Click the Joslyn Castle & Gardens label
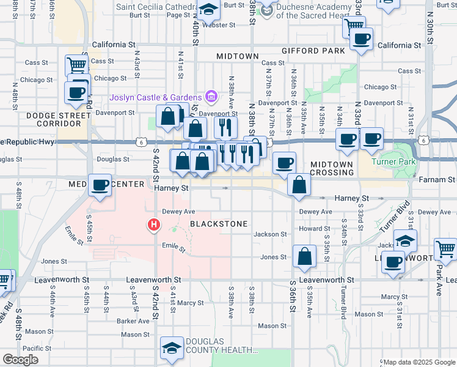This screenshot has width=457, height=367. pos(155,97)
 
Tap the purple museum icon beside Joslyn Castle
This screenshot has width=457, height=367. pos(211,96)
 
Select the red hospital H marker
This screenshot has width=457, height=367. pos(154,226)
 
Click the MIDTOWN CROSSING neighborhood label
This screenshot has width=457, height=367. pos(332,169)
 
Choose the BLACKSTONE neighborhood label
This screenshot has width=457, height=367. pos(219,224)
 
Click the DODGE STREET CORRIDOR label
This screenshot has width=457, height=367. pos(54,119)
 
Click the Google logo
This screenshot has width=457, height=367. pos(21,360)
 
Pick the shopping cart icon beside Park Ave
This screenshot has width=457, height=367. pos(446,249)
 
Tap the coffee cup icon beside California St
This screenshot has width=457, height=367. pos(361,39)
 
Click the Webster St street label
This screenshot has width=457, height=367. pos(218,25)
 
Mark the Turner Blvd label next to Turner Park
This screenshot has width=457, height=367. pos(388,217)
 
